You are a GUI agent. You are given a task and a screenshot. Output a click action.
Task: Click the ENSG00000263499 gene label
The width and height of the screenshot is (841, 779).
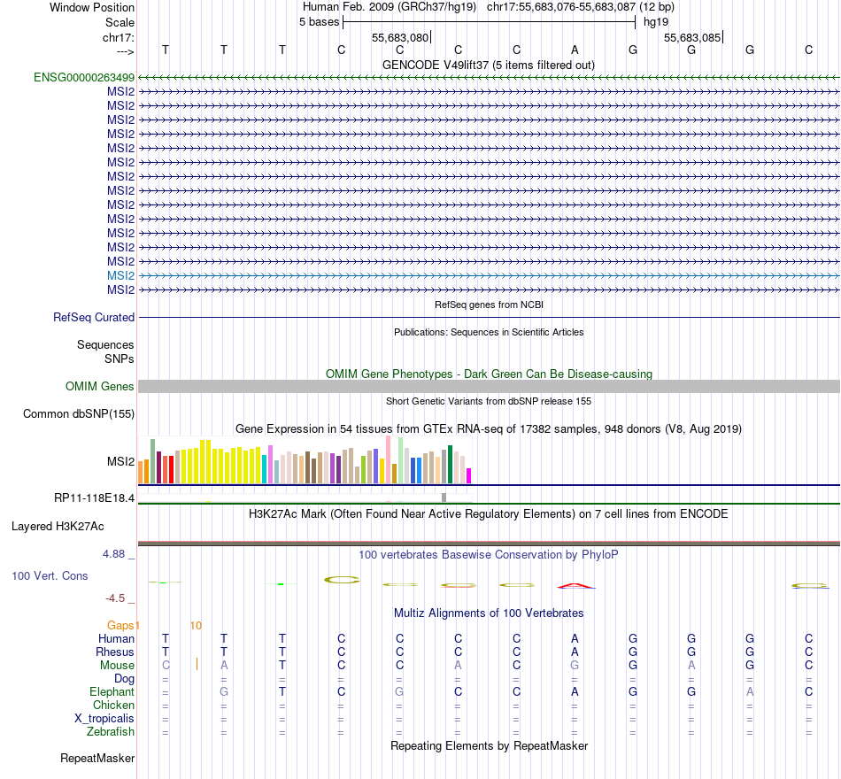(x=84, y=77)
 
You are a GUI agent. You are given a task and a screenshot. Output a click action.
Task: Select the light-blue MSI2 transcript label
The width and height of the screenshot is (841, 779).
(x=120, y=275)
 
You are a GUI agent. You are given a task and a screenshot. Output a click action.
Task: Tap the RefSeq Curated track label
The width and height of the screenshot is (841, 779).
(x=94, y=317)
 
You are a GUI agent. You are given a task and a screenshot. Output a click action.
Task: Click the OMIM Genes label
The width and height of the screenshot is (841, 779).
(x=100, y=386)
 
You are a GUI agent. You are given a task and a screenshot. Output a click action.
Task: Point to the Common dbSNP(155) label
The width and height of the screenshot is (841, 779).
(x=79, y=413)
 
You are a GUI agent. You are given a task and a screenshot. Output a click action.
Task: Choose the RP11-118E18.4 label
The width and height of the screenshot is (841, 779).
(x=94, y=497)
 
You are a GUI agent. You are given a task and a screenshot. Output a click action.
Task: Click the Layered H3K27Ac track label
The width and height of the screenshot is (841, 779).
(x=58, y=526)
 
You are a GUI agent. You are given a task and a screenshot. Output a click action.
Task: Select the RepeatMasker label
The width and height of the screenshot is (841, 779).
(x=97, y=758)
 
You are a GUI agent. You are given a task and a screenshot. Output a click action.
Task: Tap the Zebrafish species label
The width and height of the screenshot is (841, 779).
(x=111, y=731)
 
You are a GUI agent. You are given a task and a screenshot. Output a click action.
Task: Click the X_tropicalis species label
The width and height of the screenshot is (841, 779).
(x=104, y=718)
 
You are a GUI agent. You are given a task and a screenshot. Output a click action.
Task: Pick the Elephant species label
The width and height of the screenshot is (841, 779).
(x=112, y=691)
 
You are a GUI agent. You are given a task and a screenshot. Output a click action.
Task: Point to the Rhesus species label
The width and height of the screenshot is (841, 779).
(x=115, y=652)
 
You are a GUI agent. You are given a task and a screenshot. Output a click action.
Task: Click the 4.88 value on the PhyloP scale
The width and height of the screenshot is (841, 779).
(x=119, y=555)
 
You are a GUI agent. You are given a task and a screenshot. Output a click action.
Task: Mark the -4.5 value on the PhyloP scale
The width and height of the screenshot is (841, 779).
(x=120, y=598)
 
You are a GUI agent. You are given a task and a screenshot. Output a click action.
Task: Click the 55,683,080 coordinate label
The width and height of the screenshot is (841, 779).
(x=400, y=38)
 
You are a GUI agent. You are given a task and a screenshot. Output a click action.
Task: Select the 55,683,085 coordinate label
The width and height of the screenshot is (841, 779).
(x=693, y=38)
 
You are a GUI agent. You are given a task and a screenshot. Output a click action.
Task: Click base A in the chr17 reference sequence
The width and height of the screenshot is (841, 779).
(x=575, y=50)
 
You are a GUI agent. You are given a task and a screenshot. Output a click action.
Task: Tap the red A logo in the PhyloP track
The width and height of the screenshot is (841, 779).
(x=575, y=584)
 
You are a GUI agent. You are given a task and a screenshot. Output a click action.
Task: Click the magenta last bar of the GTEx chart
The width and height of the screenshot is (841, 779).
(x=468, y=475)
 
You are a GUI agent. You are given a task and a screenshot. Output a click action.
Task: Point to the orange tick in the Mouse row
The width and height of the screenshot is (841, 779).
(x=197, y=664)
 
